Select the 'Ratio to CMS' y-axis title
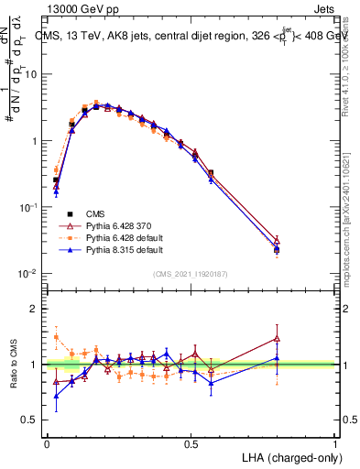pos(14,363)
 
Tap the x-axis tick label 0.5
pos(191,442)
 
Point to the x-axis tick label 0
pos(47,442)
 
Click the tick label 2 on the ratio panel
pos(35,309)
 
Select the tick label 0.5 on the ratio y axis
pos(29,420)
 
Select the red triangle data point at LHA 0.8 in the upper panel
pos(277,242)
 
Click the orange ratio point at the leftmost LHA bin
pos(56,337)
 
